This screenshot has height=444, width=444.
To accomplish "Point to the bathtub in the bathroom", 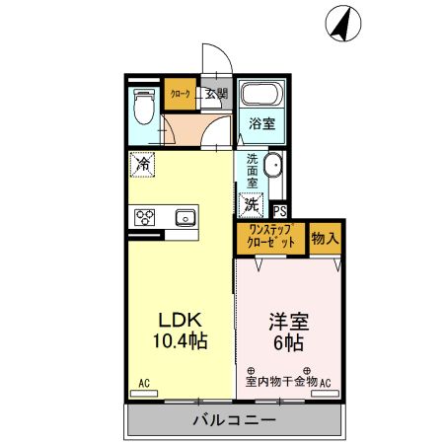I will [261, 97].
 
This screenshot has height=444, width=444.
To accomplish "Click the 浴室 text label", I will [261, 124].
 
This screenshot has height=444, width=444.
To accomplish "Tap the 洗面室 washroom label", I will [253, 172].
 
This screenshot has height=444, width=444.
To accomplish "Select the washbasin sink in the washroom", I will [274, 168].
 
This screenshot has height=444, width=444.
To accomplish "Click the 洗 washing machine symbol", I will [252, 205].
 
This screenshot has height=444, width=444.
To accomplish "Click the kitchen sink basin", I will [185, 217].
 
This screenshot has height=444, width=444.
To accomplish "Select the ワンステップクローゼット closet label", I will [271, 237].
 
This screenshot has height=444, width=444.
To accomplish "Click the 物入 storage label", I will [325, 238].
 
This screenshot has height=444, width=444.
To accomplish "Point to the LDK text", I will [182, 321].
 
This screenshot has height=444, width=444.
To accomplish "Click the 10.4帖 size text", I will [182, 341].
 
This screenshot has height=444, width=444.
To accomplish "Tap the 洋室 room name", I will [288, 322].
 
